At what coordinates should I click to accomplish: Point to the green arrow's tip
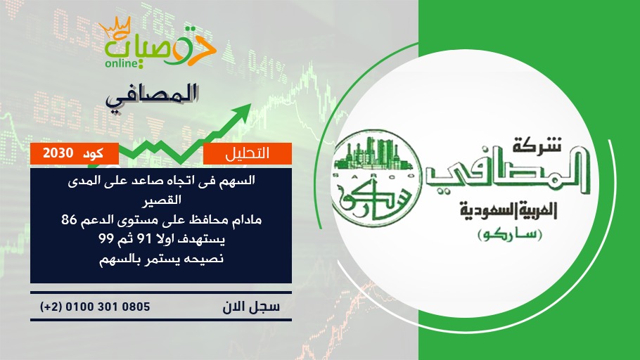pyautogui.click(x=250, y=104)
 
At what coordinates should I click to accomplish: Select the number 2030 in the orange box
pyautogui.click(x=58, y=153)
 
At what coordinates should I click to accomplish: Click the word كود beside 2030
pyautogui.click(x=93, y=153)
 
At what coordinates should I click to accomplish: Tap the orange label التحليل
pyautogui.click(x=248, y=153)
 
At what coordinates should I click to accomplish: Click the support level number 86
pyautogui.click(x=70, y=220)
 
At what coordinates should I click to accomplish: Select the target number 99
pyautogui.click(x=105, y=238)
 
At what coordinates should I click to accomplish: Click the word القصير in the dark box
pyautogui.click(x=161, y=201)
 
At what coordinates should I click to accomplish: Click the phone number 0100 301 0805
pyautogui.click(x=108, y=307)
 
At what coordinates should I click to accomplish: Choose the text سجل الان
pyautogui.click(x=252, y=307)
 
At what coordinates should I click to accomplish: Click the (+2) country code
pyautogui.click(x=51, y=307)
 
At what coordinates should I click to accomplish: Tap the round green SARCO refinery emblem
pyautogui.click(x=376, y=179)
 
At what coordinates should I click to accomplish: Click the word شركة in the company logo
pyautogui.click(x=537, y=144)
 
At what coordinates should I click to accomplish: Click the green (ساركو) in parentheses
pyautogui.click(x=510, y=236)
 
